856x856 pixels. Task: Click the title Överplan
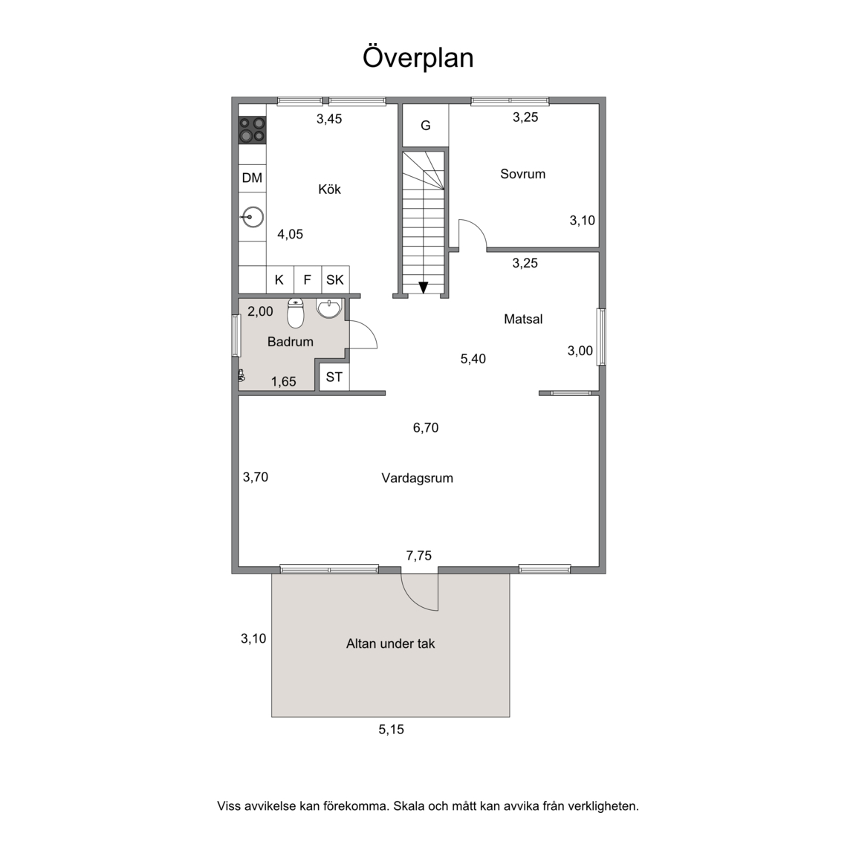coord(418,57)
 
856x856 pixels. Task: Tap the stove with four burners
coord(252,131)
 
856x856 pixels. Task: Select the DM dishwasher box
coord(252,178)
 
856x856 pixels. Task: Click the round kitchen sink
coord(252,217)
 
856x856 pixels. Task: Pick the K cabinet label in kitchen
coord(279,280)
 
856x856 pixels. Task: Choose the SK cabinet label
coord(334,280)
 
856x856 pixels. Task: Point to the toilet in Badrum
coord(295,314)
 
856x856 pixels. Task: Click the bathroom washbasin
coord(328,308)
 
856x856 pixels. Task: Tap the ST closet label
coord(334,377)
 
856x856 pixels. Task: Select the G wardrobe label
coord(425,126)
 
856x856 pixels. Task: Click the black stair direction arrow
coord(423,287)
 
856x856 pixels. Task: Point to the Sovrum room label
coord(522,174)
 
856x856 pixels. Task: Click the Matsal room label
coord(523,320)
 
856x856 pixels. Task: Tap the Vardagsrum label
coord(417,479)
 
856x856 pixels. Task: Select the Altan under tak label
coord(390,643)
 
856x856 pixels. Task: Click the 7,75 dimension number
coord(419,556)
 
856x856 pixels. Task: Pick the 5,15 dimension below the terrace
coord(392,730)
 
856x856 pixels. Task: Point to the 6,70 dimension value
coord(426,428)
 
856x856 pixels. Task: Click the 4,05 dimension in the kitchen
coord(290,234)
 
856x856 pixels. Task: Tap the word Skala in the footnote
coord(409,805)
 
